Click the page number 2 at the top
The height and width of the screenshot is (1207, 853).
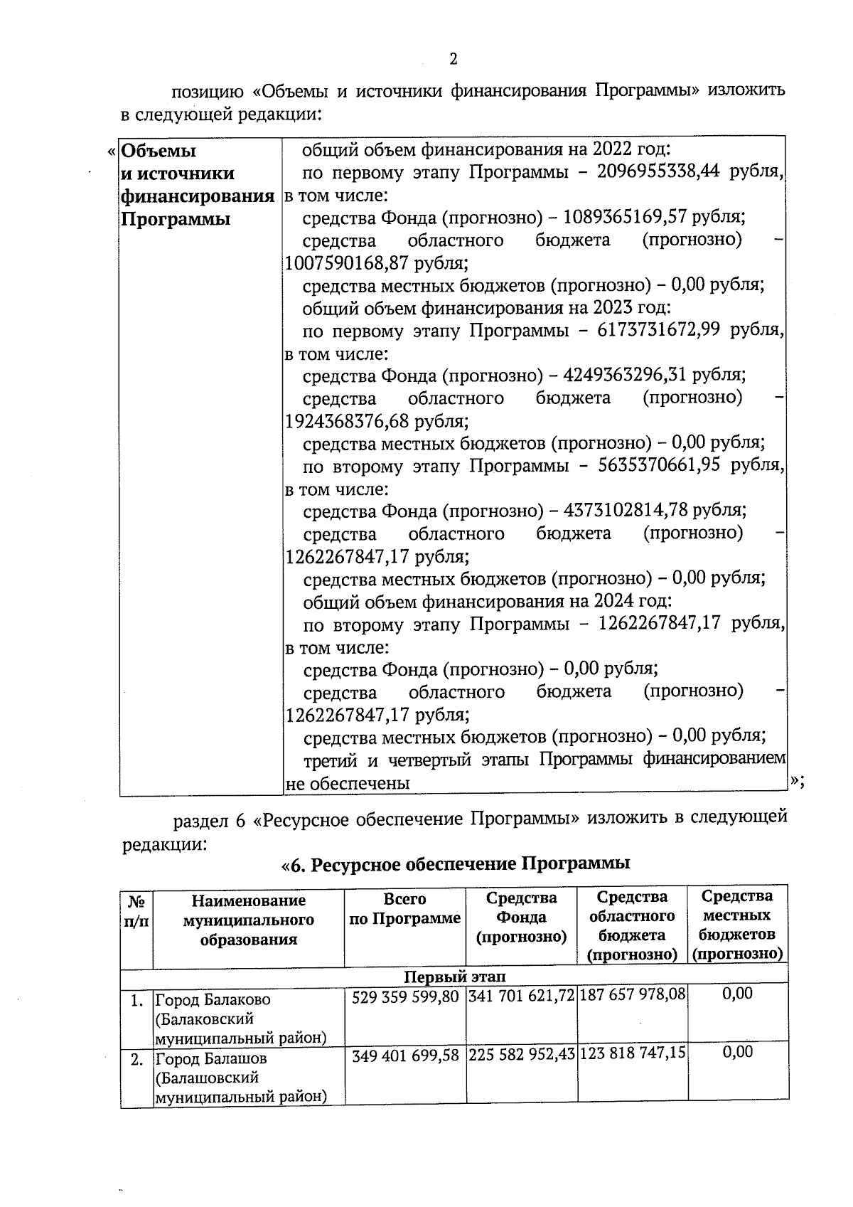coord(453,60)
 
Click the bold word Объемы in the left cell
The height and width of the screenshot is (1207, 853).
coord(159,151)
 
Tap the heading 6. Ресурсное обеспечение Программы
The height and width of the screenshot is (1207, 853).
coord(456,865)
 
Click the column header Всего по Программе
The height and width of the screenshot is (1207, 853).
coord(405,909)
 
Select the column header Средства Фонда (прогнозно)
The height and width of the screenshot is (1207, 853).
coord(521,918)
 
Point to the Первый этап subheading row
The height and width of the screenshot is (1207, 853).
coord(454,976)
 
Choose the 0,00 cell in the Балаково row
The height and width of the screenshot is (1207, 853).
coord(737,994)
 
